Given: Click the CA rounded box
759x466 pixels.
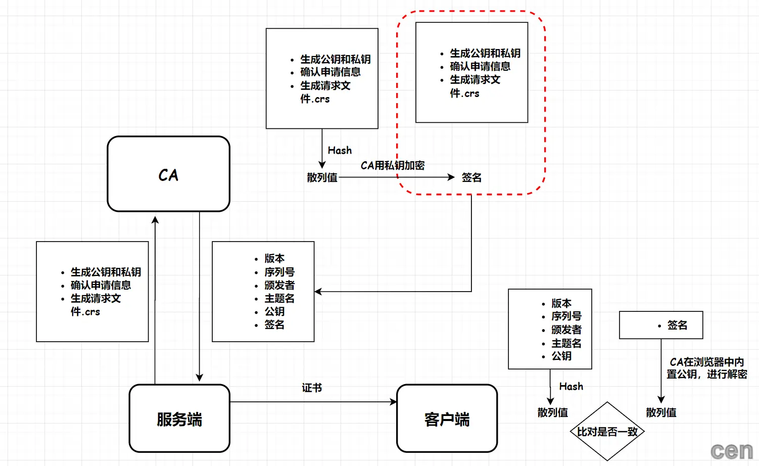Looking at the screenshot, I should click(x=168, y=174).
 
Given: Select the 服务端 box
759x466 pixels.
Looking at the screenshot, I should click(x=179, y=418).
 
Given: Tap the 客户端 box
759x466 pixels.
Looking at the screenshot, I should click(x=447, y=418).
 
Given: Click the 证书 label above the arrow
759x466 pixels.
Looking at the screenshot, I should click(x=312, y=388).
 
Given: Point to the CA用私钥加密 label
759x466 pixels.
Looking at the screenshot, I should click(x=393, y=165).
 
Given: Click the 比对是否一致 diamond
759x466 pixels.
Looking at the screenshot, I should click(x=607, y=432).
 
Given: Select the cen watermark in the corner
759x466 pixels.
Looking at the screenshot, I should click(x=731, y=450).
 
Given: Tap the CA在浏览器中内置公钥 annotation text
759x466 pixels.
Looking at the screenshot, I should click(x=706, y=368).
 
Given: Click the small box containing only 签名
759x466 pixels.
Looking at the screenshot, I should click(x=661, y=325).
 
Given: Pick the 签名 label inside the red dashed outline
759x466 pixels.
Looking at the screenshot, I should click(x=471, y=177).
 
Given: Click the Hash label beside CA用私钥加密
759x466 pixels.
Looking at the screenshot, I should click(x=340, y=150).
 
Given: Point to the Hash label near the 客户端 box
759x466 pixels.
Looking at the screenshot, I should click(x=571, y=386).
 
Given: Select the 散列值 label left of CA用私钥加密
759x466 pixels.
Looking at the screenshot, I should click(x=322, y=177).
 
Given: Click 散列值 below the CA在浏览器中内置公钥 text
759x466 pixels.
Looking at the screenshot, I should click(x=661, y=412).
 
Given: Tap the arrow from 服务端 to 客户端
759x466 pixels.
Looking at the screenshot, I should click(x=313, y=402).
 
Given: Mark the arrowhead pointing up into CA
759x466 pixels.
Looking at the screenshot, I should click(x=155, y=220).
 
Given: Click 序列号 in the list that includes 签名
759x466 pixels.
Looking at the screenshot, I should click(x=279, y=272).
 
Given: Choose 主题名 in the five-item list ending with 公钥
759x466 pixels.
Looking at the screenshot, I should click(x=566, y=343).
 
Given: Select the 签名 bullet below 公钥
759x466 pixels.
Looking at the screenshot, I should click(x=274, y=324).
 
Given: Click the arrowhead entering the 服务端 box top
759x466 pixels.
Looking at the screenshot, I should click(x=200, y=378).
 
